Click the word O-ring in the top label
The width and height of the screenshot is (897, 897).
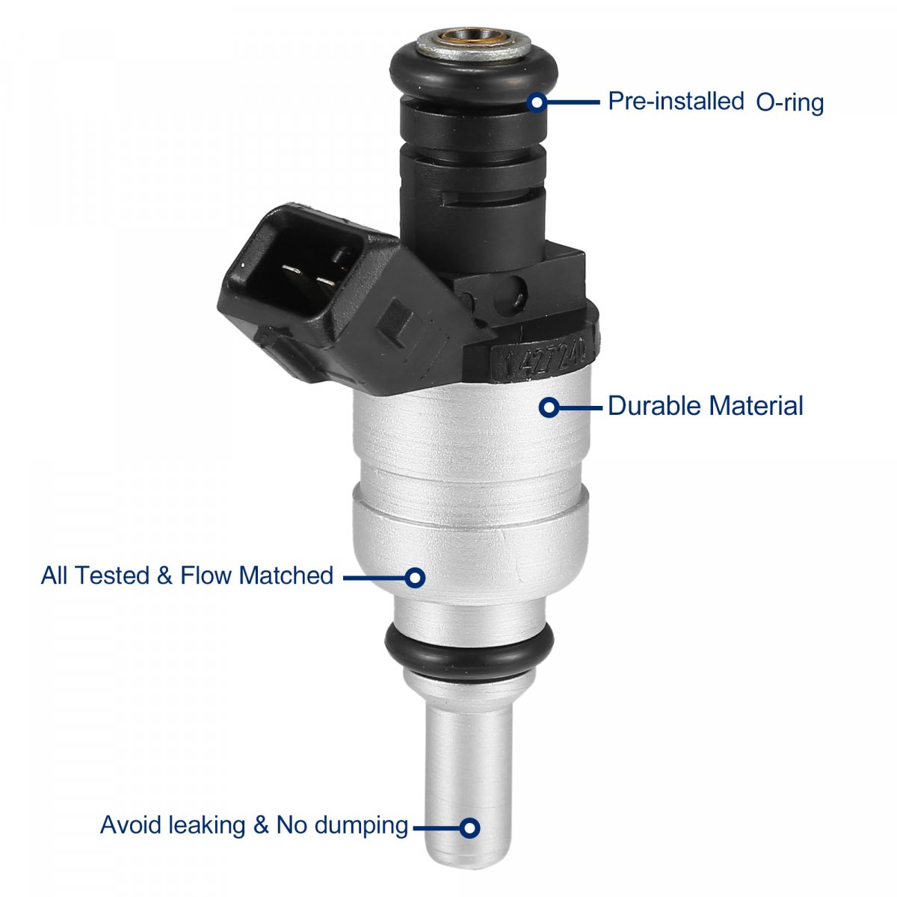click(x=789, y=102)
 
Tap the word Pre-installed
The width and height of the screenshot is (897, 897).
click(x=676, y=101)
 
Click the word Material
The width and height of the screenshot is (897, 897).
click(x=756, y=405)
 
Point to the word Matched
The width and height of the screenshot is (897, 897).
click(x=286, y=575)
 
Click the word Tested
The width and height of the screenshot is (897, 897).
click(x=111, y=575)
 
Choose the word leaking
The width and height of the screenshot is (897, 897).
click(x=206, y=826)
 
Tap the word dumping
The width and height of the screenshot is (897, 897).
click(x=361, y=826)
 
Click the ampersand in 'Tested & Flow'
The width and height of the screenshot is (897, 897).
click(x=164, y=576)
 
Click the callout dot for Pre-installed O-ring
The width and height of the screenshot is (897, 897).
click(x=537, y=102)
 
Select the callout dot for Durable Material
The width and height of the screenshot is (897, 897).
click(x=549, y=408)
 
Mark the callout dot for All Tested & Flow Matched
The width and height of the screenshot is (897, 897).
click(x=415, y=578)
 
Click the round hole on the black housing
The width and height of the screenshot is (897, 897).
click(x=511, y=292)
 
